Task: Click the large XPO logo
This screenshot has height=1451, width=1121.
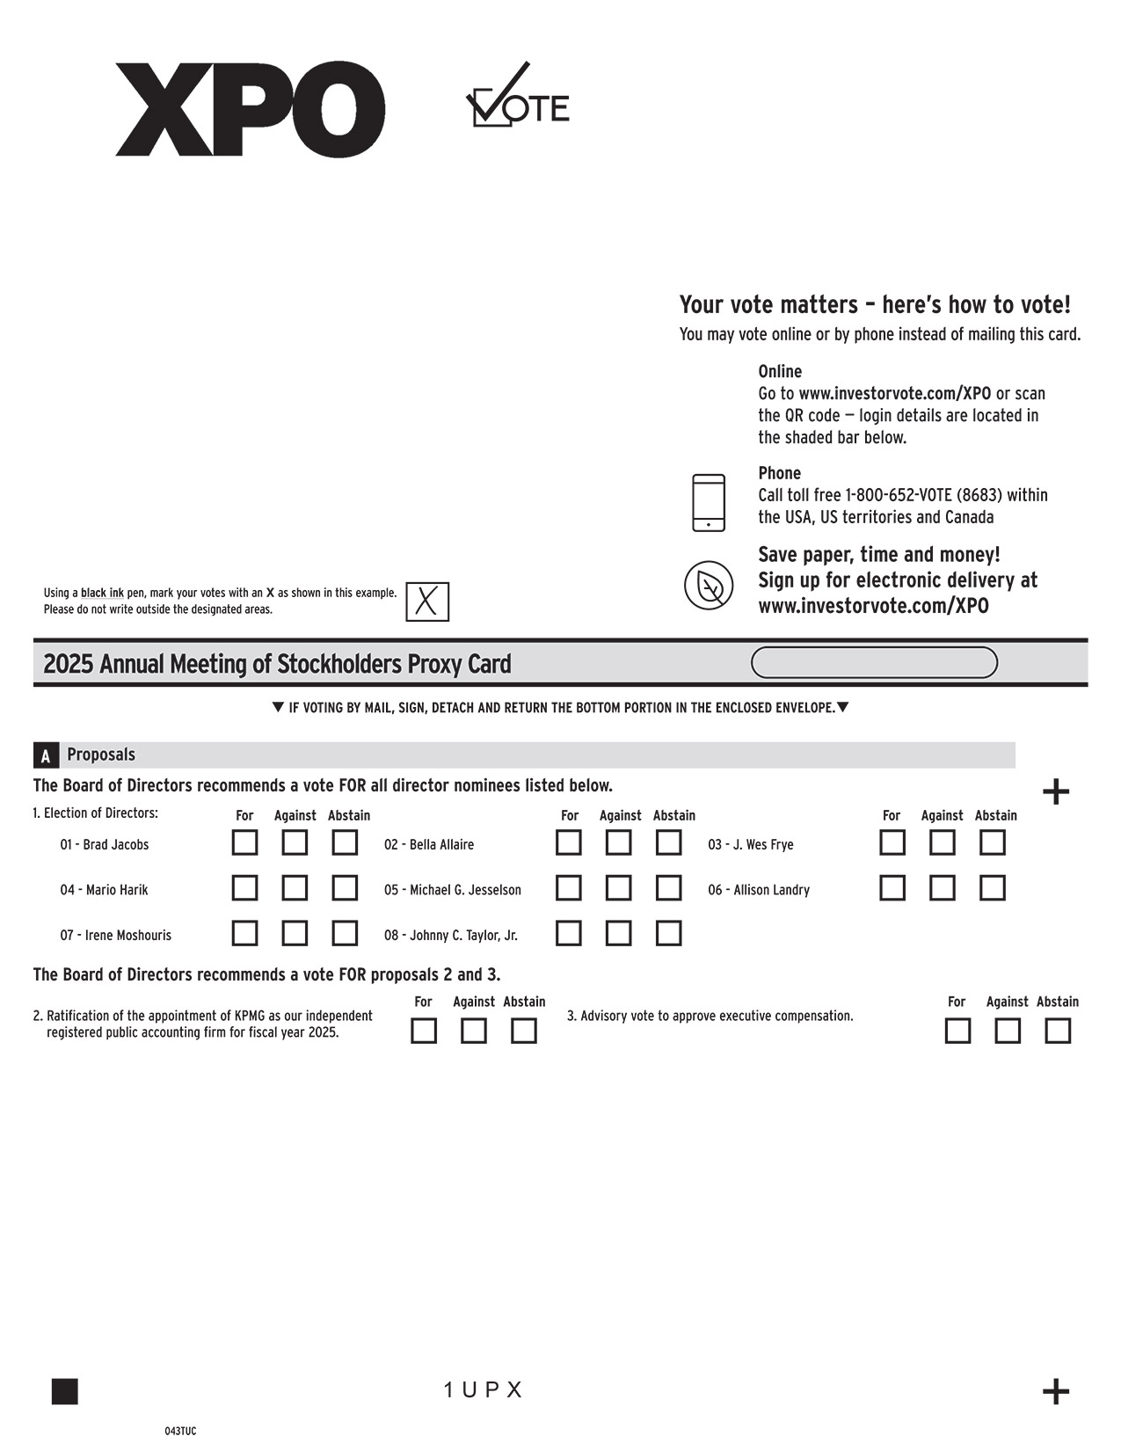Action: tap(250, 109)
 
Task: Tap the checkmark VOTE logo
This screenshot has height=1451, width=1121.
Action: tap(517, 97)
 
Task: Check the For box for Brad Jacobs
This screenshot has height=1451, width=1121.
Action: tap(244, 842)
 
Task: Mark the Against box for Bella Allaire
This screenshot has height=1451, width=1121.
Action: tap(618, 842)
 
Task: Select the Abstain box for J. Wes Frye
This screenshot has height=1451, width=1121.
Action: tap(992, 842)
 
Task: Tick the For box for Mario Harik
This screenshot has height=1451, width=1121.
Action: tap(244, 887)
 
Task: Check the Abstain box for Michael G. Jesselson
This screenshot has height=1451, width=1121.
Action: tap(668, 887)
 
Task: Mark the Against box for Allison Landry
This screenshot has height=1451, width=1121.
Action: tap(942, 887)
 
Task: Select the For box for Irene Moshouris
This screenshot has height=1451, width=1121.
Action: tap(244, 933)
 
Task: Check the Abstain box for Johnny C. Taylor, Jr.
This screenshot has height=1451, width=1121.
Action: tap(668, 933)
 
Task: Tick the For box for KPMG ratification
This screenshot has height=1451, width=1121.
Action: tap(424, 1031)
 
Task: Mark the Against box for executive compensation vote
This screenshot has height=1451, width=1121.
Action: tap(1008, 1031)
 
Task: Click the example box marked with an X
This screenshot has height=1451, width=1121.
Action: tap(427, 602)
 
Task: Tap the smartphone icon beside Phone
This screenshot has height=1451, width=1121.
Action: tap(709, 503)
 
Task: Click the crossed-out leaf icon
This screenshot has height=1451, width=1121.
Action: tap(709, 585)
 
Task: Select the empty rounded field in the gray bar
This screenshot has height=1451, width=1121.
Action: tap(874, 663)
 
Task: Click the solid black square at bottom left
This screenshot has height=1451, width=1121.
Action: tap(65, 1391)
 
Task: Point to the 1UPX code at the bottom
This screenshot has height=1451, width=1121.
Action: tap(483, 1389)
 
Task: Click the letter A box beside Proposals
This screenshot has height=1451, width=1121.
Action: tap(46, 755)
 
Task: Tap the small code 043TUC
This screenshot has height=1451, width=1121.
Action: tap(180, 1431)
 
